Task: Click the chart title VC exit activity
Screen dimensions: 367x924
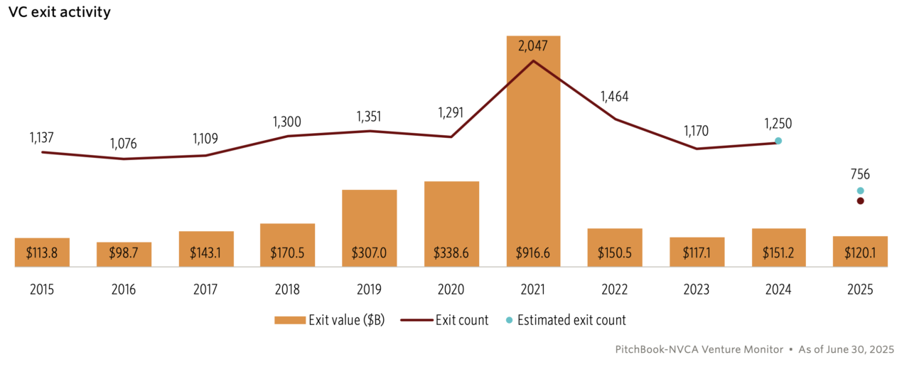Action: tap(60, 13)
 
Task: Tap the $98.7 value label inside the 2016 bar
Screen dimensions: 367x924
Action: tap(124, 254)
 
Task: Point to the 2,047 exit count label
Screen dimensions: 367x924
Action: tap(533, 46)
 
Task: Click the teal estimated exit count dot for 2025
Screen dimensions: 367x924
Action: tap(860, 191)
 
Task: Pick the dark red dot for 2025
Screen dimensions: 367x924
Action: tap(860, 201)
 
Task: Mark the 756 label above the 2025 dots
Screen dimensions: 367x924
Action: tap(860, 174)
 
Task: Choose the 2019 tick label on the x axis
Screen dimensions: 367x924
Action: tap(370, 290)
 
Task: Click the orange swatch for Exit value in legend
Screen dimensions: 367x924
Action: tap(289, 320)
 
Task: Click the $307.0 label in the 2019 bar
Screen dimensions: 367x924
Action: tap(370, 254)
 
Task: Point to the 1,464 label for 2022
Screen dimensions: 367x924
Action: tap(615, 97)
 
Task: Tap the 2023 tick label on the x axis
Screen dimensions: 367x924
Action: tap(697, 290)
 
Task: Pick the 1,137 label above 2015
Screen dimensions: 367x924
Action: tap(42, 136)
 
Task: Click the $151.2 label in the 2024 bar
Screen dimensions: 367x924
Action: tap(778, 254)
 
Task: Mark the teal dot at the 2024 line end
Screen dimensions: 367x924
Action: tap(778, 141)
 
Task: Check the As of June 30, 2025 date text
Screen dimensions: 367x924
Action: tap(846, 350)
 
